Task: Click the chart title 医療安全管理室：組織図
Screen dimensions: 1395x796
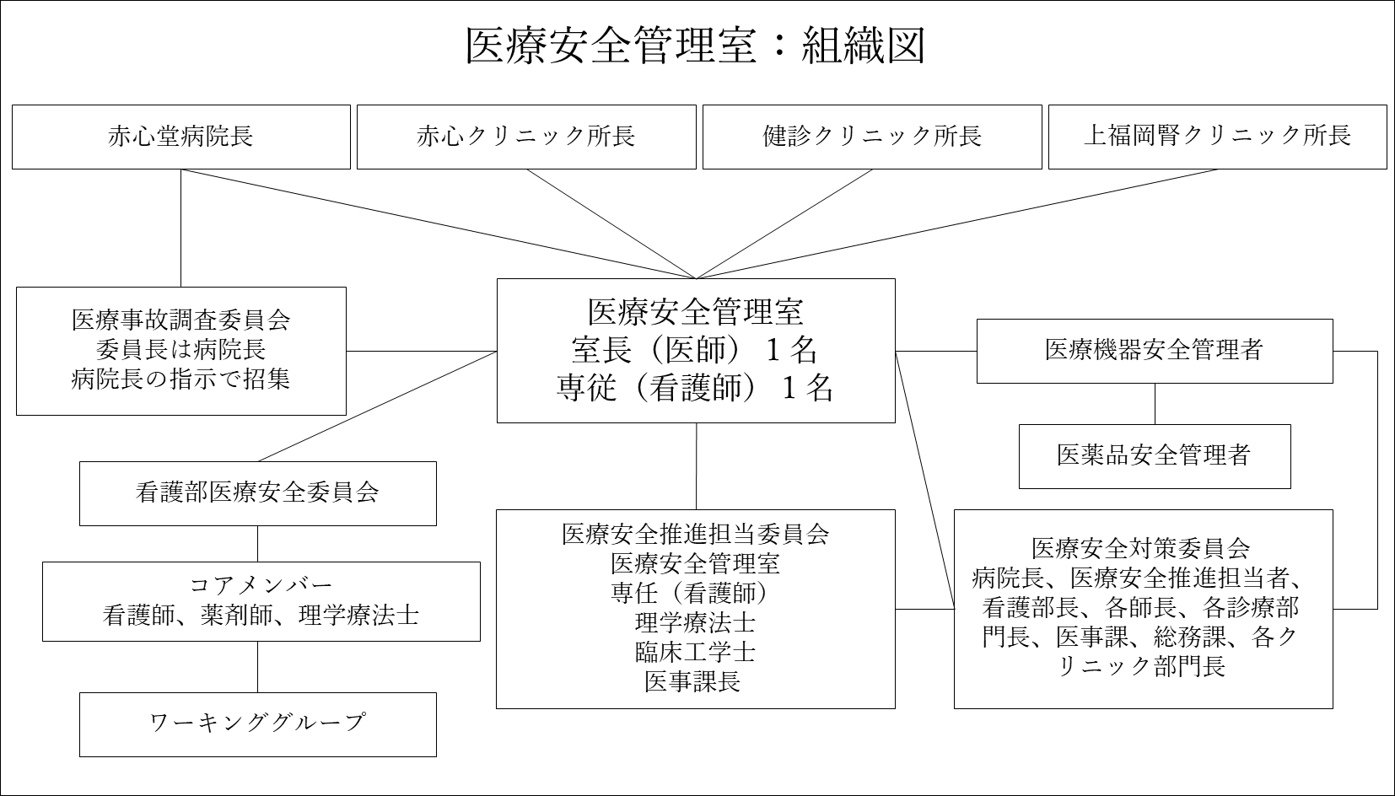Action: (x=695, y=45)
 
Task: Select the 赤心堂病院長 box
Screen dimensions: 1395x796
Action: (x=181, y=137)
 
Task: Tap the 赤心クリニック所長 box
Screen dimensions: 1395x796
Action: (x=526, y=137)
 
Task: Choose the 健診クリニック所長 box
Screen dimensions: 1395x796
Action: (x=872, y=137)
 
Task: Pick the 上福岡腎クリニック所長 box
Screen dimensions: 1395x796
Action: (x=1218, y=137)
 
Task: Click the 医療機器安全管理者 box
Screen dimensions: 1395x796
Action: (x=1155, y=352)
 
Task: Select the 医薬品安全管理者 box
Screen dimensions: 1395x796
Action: (x=1155, y=456)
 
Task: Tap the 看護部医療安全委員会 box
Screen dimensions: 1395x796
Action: (x=258, y=494)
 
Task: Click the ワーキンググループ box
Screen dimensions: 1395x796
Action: (x=258, y=725)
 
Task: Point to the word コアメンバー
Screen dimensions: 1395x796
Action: (x=261, y=585)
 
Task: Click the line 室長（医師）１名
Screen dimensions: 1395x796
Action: (x=695, y=349)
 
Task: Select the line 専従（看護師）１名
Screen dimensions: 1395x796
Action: (x=695, y=387)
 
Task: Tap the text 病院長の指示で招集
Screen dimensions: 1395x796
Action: (x=180, y=379)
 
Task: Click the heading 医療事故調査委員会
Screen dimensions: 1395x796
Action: (x=180, y=320)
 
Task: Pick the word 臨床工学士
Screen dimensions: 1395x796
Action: (x=695, y=652)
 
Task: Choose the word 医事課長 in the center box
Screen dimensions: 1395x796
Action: (x=692, y=682)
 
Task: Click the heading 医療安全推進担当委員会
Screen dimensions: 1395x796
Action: (x=695, y=535)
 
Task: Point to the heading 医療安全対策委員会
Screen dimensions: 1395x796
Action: (x=1141, y=549)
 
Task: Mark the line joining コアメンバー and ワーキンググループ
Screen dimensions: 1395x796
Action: (x=258, y=667)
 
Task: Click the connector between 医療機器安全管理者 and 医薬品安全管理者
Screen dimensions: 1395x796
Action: (x=1155, y=404)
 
